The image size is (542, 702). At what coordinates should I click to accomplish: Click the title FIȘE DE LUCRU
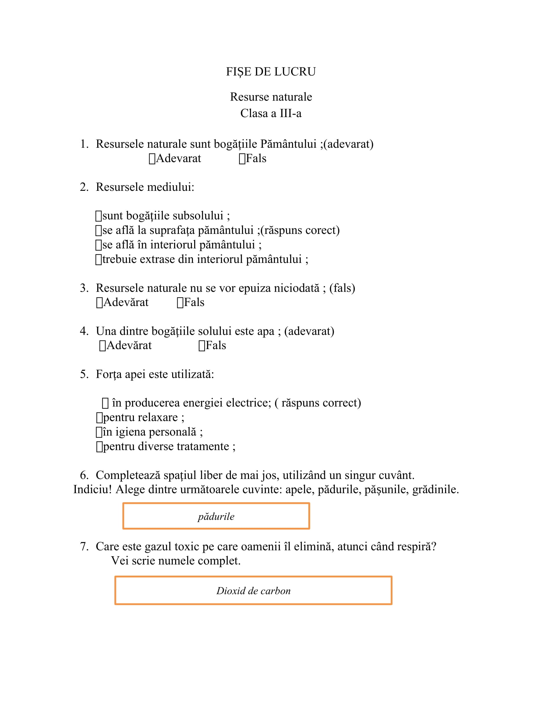point(271,72)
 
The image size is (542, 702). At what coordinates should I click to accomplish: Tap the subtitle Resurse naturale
point(271,97)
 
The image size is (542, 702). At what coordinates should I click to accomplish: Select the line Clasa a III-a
point(271,113)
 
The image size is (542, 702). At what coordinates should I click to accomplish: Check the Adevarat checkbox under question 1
point(152,159)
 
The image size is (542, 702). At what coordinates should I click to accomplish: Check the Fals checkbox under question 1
point(242,159)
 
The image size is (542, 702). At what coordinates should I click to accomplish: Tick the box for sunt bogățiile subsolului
point(99,216)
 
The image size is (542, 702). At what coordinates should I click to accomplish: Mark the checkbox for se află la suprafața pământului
point(99,230)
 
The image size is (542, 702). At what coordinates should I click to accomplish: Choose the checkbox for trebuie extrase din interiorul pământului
point(99,259)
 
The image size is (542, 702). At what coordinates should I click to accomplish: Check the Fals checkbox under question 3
point(180,303)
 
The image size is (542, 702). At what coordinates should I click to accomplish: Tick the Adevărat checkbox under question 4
point(102,346)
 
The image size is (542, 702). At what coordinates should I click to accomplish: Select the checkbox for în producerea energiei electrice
point(105,403)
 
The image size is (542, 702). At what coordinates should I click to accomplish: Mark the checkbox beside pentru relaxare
point(99,418)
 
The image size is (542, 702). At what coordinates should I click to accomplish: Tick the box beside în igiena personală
point(99,432)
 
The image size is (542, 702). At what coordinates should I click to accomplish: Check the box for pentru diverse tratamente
point(99,447)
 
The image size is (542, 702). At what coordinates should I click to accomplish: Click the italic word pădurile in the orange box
point(216,517)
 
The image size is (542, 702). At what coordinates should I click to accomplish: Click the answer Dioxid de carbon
point(253,591)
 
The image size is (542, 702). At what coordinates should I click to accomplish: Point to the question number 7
point(84,546)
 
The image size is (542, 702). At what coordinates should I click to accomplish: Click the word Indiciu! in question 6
point(92,489)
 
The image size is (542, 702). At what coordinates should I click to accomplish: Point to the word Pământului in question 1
point(288,144)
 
